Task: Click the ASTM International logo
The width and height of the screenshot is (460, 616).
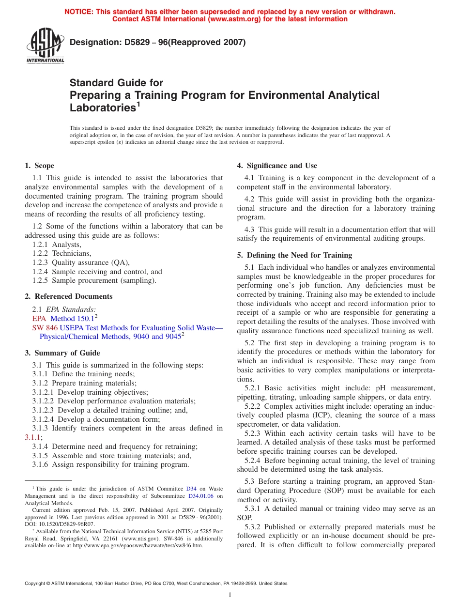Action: click(45, 46)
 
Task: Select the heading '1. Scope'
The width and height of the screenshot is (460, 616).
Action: click(39, 166)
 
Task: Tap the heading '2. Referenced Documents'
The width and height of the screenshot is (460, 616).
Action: click(68, 296)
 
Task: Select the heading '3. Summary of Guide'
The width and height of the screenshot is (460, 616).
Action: click(62, 353)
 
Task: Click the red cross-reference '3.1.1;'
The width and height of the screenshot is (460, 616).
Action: click(33, 437)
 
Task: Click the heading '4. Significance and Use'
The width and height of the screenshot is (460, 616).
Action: click(277, 166)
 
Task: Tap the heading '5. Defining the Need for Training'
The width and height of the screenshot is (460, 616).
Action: click(294, 255)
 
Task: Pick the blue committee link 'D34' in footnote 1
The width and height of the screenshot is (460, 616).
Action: click(191, 489)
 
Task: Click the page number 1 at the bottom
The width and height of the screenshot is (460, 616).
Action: click(230, 595)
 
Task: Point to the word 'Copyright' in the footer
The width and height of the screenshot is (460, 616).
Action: click(37, 584)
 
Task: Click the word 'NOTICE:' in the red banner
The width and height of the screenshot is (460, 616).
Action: click(79, 12)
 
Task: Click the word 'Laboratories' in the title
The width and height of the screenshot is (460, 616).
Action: click(101, 108)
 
